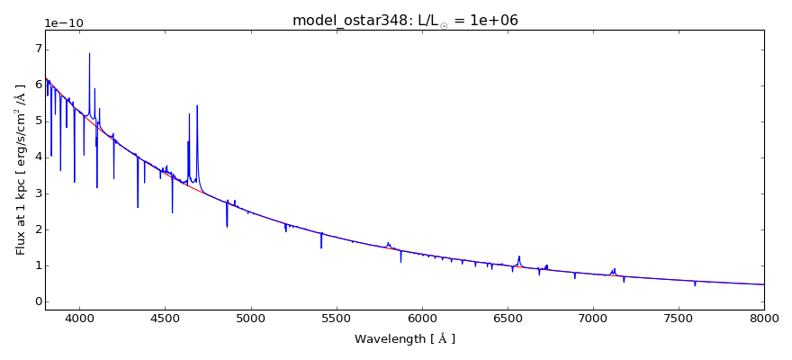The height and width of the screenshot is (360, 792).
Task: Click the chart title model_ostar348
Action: [405, 21]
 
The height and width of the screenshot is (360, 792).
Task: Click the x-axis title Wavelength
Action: [405, 339]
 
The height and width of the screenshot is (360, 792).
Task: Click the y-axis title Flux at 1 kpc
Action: [21, 168]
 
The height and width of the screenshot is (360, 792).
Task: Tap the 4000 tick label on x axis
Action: [79, 319]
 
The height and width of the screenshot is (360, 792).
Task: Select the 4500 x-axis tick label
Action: [165, 319]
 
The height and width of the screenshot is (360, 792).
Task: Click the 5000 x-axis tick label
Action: [250, 319]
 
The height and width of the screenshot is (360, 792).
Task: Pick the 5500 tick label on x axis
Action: [336, 319]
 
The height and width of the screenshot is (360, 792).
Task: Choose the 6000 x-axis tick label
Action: [422, 319]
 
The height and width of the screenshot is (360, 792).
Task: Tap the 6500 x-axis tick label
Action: [508, 319]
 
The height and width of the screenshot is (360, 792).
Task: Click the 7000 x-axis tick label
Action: [593, 319]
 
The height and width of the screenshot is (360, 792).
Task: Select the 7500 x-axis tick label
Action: [679, 319]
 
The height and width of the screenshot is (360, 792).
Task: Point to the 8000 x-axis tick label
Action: [764, 319]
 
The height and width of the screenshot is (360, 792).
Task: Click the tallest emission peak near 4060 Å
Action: [89, 53]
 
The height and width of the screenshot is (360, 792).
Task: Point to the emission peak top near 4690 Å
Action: [197, 105]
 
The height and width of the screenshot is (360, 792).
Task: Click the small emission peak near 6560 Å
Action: [519, 256]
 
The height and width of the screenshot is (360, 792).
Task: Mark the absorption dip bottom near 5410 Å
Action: [321, 247]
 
